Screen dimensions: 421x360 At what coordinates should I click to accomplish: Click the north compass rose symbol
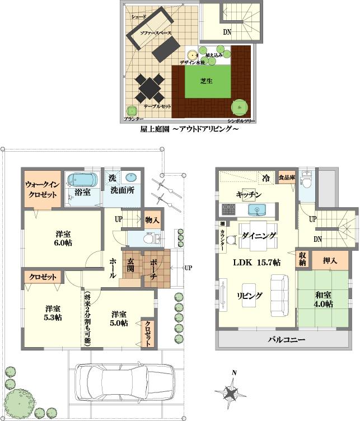(232, 390)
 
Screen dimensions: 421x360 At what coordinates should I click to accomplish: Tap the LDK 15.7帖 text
(257, 263)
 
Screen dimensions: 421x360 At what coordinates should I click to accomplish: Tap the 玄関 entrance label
(129, 268)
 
